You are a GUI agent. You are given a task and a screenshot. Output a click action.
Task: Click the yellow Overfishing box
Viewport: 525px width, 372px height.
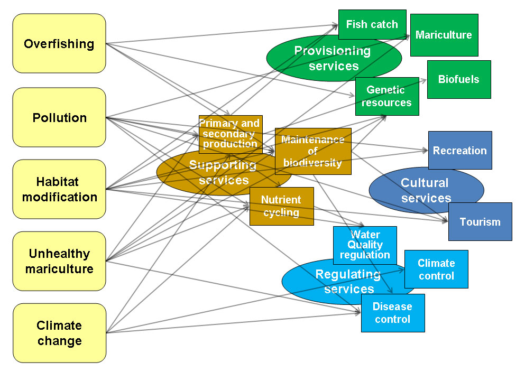(x=59, y=43)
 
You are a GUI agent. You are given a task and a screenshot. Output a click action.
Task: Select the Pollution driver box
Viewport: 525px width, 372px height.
(x=59, y=117)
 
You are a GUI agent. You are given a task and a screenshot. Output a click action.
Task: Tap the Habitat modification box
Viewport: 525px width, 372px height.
(x=59, y=189)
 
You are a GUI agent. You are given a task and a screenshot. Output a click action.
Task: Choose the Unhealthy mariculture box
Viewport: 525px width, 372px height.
(x=59, y=261)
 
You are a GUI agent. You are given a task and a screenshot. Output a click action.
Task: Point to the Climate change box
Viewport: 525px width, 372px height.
(x=59, y=333)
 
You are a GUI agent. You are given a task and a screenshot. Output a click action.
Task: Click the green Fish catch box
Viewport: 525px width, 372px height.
(x=372, y=24)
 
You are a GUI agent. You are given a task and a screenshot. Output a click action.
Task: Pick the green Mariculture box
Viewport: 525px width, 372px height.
(x=444, y=35)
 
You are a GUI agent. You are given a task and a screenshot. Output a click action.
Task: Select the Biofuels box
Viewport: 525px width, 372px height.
(x=458, y=79)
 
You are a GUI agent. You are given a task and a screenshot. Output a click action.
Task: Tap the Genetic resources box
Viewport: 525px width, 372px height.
(x=386, y=96)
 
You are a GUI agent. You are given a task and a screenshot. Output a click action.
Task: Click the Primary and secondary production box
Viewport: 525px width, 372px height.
(x=231, y=134)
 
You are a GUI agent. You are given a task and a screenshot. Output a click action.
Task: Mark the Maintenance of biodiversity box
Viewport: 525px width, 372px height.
(x=313, y=151)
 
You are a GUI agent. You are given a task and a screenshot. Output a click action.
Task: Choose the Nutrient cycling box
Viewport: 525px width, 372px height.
(x=281, y=206)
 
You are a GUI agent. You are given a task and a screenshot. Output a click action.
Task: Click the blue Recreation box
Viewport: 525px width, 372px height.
(x=459, y=151)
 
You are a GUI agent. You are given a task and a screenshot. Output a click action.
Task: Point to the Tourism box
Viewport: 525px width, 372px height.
(x=480, y=221)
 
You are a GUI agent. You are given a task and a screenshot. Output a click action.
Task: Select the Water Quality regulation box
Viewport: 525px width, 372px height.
(x=364, y=245)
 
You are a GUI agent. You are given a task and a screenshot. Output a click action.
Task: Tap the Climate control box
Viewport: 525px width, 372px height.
(x=436, y=269)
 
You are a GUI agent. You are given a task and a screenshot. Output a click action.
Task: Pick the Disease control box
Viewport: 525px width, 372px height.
(x=392, y=313)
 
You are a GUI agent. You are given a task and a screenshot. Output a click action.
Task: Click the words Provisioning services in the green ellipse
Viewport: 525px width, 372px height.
(x=333, y=58)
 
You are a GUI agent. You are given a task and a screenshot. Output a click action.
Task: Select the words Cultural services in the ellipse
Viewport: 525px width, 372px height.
(x=425, y=190)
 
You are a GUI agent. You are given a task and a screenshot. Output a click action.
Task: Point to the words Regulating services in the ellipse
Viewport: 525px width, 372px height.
(x=348, y=282)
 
